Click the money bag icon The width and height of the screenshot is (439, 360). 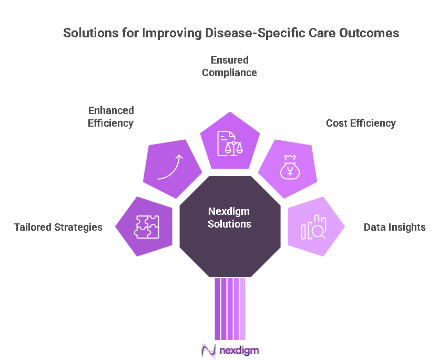click(x=289, y=168)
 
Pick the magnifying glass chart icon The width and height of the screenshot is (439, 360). click(x=313, y=228)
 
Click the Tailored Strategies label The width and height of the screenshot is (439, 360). click(x=58, y=227)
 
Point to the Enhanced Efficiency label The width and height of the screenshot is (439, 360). click(x=111, y=117)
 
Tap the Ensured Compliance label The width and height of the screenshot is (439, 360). click(x=230, y=66)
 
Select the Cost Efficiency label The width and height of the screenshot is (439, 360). click(x=361, y=123)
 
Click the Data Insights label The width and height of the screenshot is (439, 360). click(x=395, y=227)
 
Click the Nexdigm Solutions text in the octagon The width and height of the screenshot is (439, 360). click(x=230, y=218)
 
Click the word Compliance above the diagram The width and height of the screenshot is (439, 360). click(x=230, y=73)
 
